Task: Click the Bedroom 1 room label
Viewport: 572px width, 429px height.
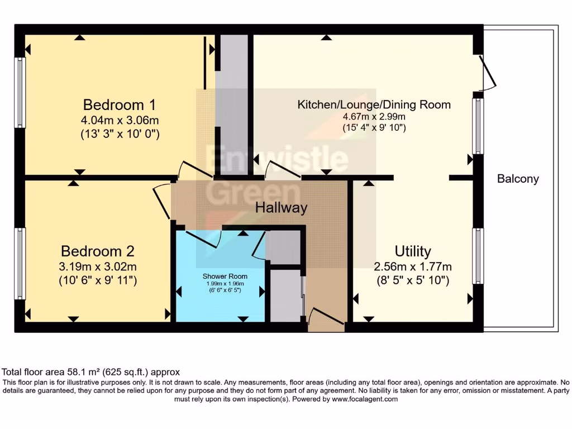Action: click(x=119, y=104)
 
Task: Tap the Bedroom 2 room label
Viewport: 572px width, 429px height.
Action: click(x=98, y=251)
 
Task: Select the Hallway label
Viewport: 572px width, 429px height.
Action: click(x=281, y=208)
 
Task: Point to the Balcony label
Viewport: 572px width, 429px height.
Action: click(x=518, y=179)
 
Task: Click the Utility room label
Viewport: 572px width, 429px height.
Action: click(x=412, y=251)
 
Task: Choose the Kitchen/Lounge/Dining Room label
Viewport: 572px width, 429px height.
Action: click(x=374, y=104)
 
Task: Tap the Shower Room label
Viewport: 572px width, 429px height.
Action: click(x=225, y=276)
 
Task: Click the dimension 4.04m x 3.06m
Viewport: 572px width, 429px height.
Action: click(x=119, y=120)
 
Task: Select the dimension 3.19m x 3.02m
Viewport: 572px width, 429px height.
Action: click(x=98, y=266)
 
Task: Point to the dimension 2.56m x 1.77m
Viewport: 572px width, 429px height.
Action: click(x=412, y=266)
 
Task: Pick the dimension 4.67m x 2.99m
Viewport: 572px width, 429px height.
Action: click(x=374, y=117)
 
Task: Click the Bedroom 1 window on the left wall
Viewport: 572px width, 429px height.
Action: click(x=20, y=93)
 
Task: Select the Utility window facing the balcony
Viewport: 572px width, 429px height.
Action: click(x=478, y=255)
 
